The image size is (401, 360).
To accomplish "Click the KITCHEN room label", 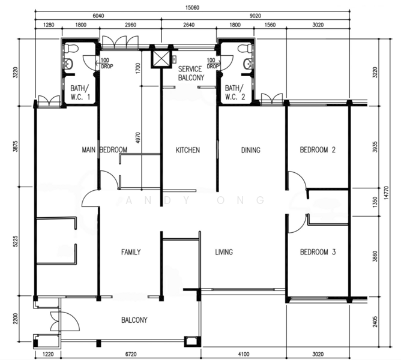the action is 188,150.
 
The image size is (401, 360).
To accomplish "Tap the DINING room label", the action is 251,150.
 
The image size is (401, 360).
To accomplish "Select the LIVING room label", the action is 224,252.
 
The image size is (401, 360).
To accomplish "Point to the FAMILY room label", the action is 131,252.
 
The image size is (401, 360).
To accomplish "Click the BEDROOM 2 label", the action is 318,149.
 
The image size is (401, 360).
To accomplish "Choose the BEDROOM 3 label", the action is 318,252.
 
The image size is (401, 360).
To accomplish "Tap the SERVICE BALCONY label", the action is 191,73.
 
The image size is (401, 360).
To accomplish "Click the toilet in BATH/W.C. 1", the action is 71,48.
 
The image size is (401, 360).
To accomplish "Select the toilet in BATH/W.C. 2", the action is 244,48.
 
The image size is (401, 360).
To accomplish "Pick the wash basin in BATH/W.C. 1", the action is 68,64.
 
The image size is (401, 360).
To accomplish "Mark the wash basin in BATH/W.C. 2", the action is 247,64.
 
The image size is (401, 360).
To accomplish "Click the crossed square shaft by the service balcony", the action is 161,59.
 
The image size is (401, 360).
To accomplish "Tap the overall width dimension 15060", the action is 192,7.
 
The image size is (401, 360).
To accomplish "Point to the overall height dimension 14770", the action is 386,193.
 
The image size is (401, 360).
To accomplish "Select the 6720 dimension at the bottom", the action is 131,355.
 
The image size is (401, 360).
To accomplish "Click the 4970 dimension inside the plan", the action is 137,137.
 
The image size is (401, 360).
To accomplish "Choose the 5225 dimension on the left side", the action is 16,241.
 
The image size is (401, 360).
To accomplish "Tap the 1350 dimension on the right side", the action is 375,202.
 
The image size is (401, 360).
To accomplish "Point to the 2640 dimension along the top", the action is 188,25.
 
